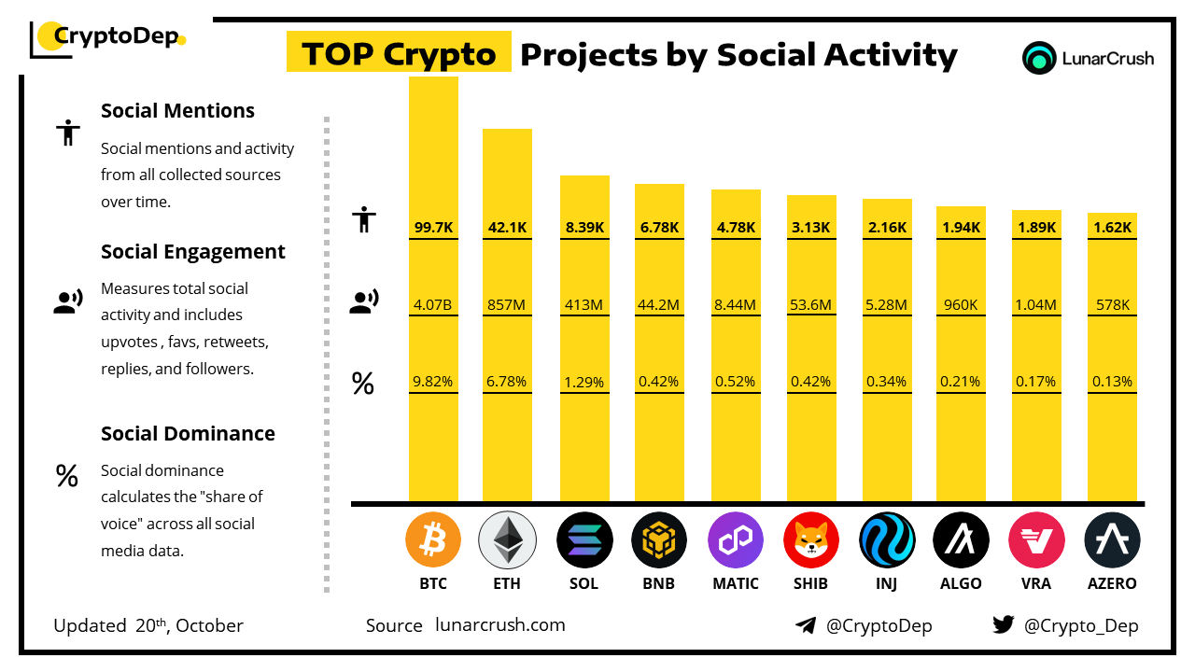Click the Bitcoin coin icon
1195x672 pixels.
click(x=433, y=540)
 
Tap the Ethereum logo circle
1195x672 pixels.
click(x=508, y=540)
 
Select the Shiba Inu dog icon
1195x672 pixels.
click(x=811, y=540)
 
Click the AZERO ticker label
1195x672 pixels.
click(x=1112, y=583)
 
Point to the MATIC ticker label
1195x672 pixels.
click(x=736, y=583)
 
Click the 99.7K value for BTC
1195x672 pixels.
click(x=433, y=227)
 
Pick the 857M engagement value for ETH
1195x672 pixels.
click(x=507, y=304)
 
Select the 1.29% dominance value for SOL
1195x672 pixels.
click(x=584, y=382)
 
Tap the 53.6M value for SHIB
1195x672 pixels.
click(x=811, y=304)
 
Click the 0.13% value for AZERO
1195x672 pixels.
click(x=1112, y=382)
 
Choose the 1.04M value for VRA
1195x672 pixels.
click(x=1036, y=304)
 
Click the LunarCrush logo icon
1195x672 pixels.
click(x=1038, y=58)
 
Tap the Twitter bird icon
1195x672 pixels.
click(x=1004, y=625)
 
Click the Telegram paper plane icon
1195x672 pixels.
click(x=806, y=625)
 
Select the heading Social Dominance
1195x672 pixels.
click(x=188, y=433)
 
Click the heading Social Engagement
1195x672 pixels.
click(x=193, y=252)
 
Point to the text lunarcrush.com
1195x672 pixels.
click(x=500, y=625)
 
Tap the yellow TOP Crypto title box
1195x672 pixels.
click(x=399, y=54)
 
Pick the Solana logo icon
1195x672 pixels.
click(x=584, y=540)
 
